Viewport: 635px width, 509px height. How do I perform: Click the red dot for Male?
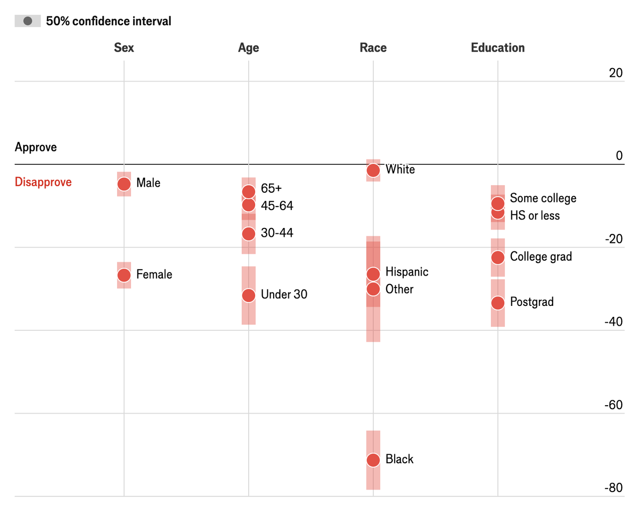tap(124, 184)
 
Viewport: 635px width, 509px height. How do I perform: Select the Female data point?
tap(124, 275)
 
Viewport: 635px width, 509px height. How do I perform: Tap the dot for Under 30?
tap(249, 295)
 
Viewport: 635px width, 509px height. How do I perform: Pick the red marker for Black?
tap(373, 460)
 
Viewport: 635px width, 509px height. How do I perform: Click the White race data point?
tap(373, 170)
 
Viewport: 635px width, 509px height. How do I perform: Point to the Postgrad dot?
tap(498, 303)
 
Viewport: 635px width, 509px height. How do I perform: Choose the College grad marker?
tap(498, 257)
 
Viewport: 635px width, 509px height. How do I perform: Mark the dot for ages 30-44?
tap(249, 233)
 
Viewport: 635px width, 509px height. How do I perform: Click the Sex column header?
tap(124, 48)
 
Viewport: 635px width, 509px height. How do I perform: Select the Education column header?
tap(497, 48)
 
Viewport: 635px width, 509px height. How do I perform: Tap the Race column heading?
tap(373, 48)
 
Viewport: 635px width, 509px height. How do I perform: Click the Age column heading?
tap(248, 48)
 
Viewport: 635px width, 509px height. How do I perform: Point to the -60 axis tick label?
tap(613, 405)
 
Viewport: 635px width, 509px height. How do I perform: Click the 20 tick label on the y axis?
tap(616, 73)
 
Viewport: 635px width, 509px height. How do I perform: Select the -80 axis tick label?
tap(613, 488)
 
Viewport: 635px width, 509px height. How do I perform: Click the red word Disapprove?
tap(43, 182)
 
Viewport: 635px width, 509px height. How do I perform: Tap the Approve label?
tap(36, 147)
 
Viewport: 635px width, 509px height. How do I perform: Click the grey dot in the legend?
tap(28, 21)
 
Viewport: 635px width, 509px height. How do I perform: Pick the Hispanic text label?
tap(407, 272)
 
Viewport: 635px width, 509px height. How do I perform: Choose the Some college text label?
tap(543, 198)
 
